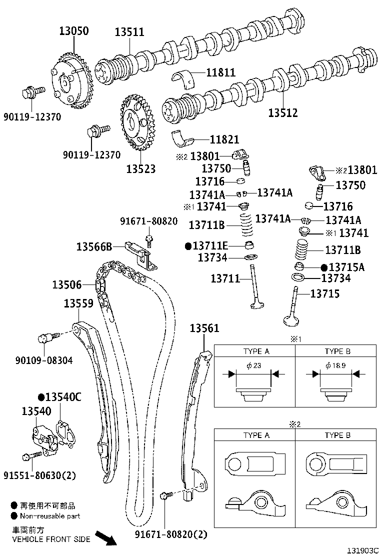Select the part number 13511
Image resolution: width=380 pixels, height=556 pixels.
click(129, 32)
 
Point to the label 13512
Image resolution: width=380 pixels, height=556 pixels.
click(282, 113)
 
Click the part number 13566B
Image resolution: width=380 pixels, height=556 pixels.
click(94, 246)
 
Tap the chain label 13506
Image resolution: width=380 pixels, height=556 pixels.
click(66, 285)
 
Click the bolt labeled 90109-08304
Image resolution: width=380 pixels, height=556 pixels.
click(46, 339)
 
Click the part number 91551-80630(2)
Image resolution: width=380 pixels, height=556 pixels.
click(40, 475)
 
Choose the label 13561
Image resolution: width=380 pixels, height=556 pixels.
click(204, 328)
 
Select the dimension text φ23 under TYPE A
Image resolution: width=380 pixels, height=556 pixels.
click(254, 365)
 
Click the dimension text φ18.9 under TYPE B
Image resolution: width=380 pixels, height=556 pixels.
click(334, 365)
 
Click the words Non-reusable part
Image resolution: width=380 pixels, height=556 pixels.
click(49, 516)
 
